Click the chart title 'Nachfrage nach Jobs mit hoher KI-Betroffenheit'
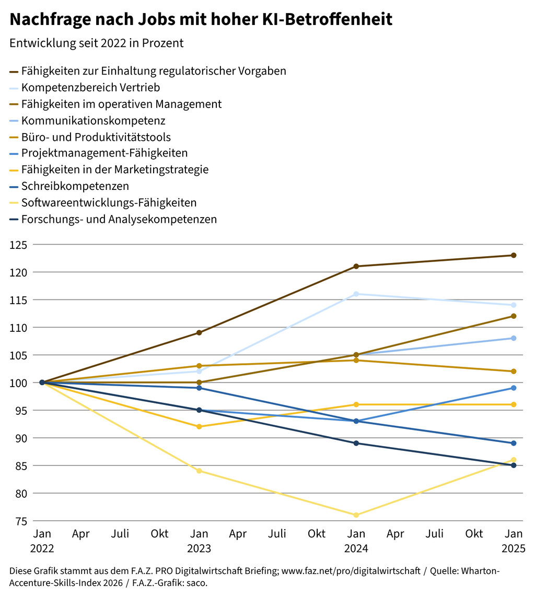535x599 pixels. [201, 20]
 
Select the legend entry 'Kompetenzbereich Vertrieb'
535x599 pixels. [90, 88]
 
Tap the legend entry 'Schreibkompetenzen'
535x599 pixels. [75, 186]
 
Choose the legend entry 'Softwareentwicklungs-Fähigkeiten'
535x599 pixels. [109, 203]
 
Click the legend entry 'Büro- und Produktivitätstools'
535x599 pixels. [96, 137]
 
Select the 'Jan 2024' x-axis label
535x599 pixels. [356, 541]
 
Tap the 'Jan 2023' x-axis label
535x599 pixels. [199, 541]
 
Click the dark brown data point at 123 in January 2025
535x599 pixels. [514, 256]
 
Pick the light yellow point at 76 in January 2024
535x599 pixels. [356, 515]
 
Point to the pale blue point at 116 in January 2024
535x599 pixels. [356, 294]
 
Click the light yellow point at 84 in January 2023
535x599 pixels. [199, 471]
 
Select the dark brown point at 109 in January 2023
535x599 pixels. [199, 333]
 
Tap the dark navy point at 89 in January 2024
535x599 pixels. [356, 444]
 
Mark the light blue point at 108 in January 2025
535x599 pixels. [514, 338]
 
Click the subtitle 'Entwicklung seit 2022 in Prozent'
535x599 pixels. [97, 43]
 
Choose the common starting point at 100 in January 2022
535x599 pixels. [42, 382]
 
